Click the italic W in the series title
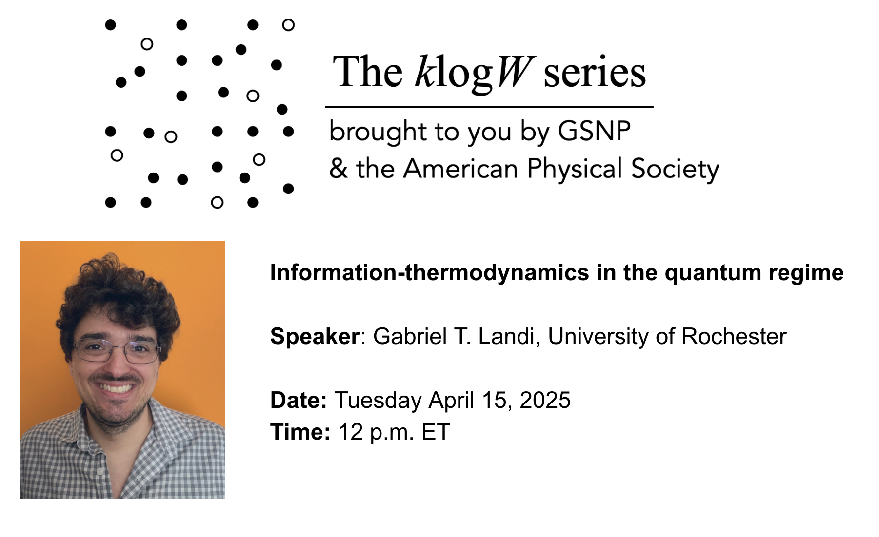pos(514,72)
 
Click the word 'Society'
pos(675,170)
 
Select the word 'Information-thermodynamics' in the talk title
pos(430,273)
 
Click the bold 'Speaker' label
pos(315,337)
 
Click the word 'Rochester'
pos(734,336)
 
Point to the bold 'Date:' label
pos(299,400)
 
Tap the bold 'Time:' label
pos(300,432)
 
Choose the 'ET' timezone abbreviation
pos(436,432)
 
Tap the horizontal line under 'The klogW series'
pos(489,106)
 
